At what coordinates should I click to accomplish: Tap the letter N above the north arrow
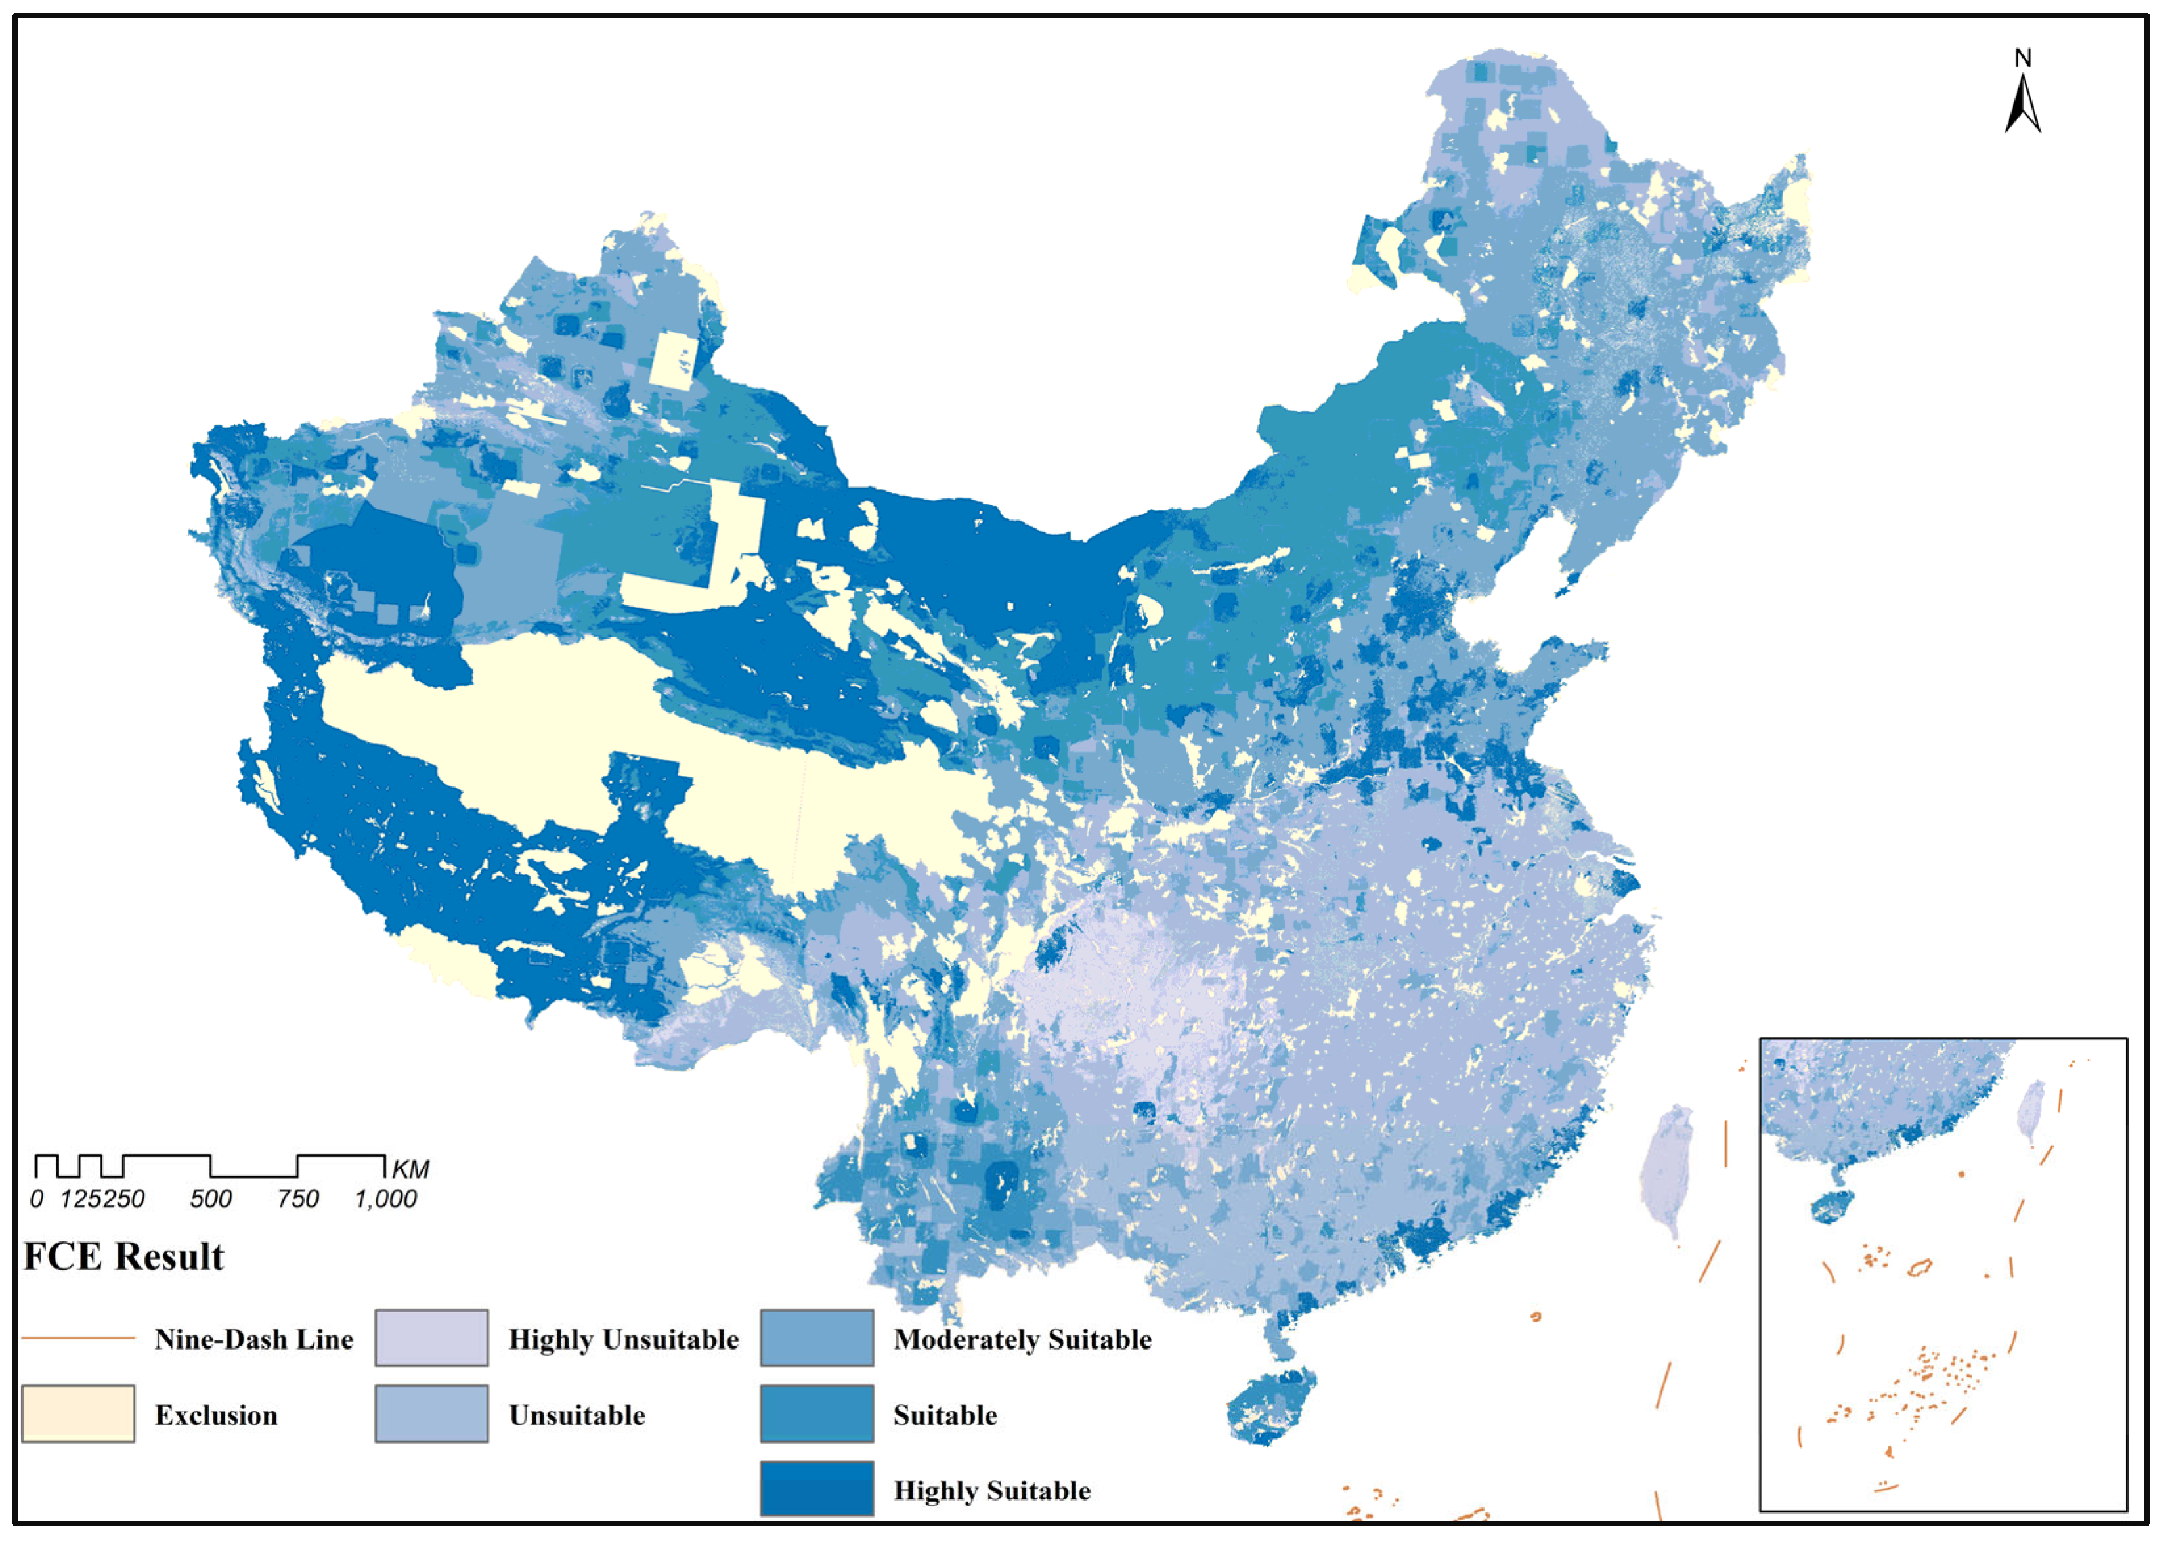pos(2022,58)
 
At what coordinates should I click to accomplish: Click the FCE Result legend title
pos(123,1256)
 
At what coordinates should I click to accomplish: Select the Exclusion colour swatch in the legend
pos(78,1414)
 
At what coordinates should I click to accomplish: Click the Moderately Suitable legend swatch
pos(816,1338)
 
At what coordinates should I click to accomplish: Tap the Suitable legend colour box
pos(816,1414)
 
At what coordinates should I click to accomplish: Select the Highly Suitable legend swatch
pos(816,1489)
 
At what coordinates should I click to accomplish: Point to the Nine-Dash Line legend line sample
pos(78,1338)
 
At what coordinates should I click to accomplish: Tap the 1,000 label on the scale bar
pos(385,1199)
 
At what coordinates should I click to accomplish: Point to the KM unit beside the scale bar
pos(411,1169)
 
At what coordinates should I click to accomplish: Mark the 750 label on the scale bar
pos(297,1199)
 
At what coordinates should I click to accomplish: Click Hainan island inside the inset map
pos(1832,1207)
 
